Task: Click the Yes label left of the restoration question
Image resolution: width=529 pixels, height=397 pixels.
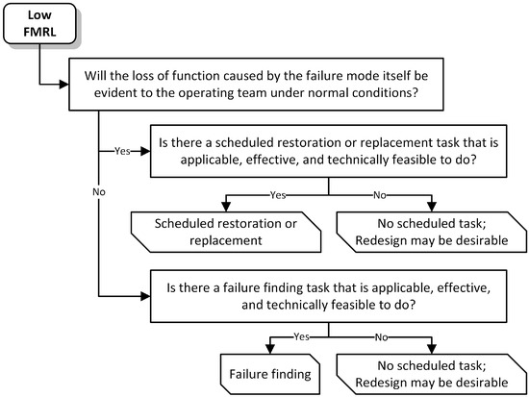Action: [x=123, y=151]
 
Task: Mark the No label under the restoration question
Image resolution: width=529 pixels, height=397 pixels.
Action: [x=381, y=196]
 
